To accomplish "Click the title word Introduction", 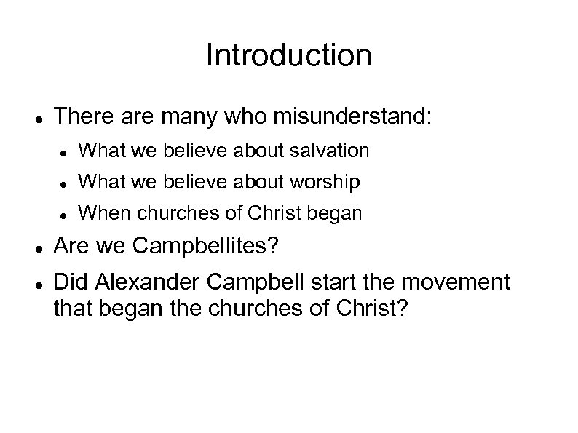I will pyautogui.click(x=288, y=55).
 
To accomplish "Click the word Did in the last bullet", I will pyautogui.click(x=71, y=281).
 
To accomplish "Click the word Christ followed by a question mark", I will pyautogui.click(x=373, y=309).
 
